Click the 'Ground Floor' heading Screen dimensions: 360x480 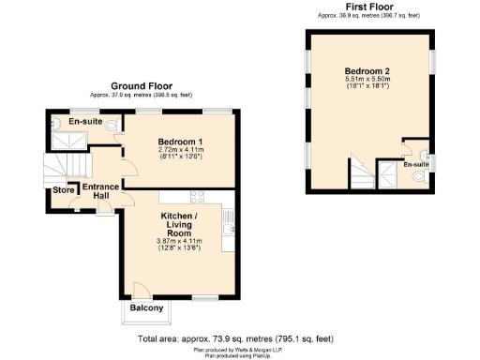(x=141, y=85)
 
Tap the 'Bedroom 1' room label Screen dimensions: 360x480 (x=178, y=142)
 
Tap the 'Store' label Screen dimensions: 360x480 (x=63, y=191)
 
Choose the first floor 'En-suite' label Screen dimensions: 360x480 (x=415, y=165)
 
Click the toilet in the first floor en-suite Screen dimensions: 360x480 (x=425, y=154)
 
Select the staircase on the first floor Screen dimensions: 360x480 (x=386, y=173)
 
